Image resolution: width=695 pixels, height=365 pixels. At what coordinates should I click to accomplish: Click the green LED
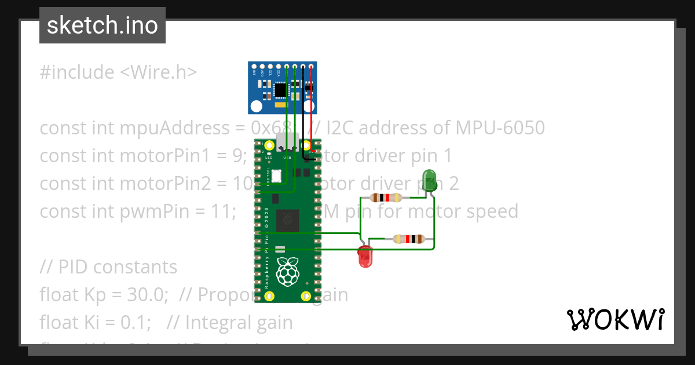tap(429, 177)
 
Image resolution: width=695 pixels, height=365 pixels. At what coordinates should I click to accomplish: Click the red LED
tap(365, 257)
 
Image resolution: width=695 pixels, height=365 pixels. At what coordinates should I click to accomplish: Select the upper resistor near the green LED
tap(386, 198)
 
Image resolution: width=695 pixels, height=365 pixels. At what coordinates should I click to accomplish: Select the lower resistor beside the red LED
tap(409, 239)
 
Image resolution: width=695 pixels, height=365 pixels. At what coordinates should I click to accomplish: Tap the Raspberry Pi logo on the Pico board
tap(288, 272)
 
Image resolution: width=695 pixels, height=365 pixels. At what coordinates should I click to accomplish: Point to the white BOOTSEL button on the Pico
tap(277, 175)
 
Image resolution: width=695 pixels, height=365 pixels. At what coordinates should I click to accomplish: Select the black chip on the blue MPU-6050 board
tap(281, 89)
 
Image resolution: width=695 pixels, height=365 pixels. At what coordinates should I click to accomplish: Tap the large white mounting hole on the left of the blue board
tap(256, 106)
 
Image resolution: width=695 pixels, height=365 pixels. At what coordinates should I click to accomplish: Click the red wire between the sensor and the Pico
tap(312, 110)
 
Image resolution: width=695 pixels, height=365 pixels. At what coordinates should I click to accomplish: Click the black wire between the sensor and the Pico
tap(303, 110)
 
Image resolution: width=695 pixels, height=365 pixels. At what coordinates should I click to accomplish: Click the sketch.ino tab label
tap(103, 25)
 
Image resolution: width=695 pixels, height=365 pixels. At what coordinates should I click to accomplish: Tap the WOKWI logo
tap(615, 319)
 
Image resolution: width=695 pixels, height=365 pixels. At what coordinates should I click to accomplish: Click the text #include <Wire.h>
tap(118, 72)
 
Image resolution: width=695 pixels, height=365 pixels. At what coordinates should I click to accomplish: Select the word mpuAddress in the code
tap(166, 127)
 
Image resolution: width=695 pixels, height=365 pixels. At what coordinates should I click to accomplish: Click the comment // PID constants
tap(108, 267)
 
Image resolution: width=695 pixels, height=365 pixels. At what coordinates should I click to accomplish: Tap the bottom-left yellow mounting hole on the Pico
tap(269, 296)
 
